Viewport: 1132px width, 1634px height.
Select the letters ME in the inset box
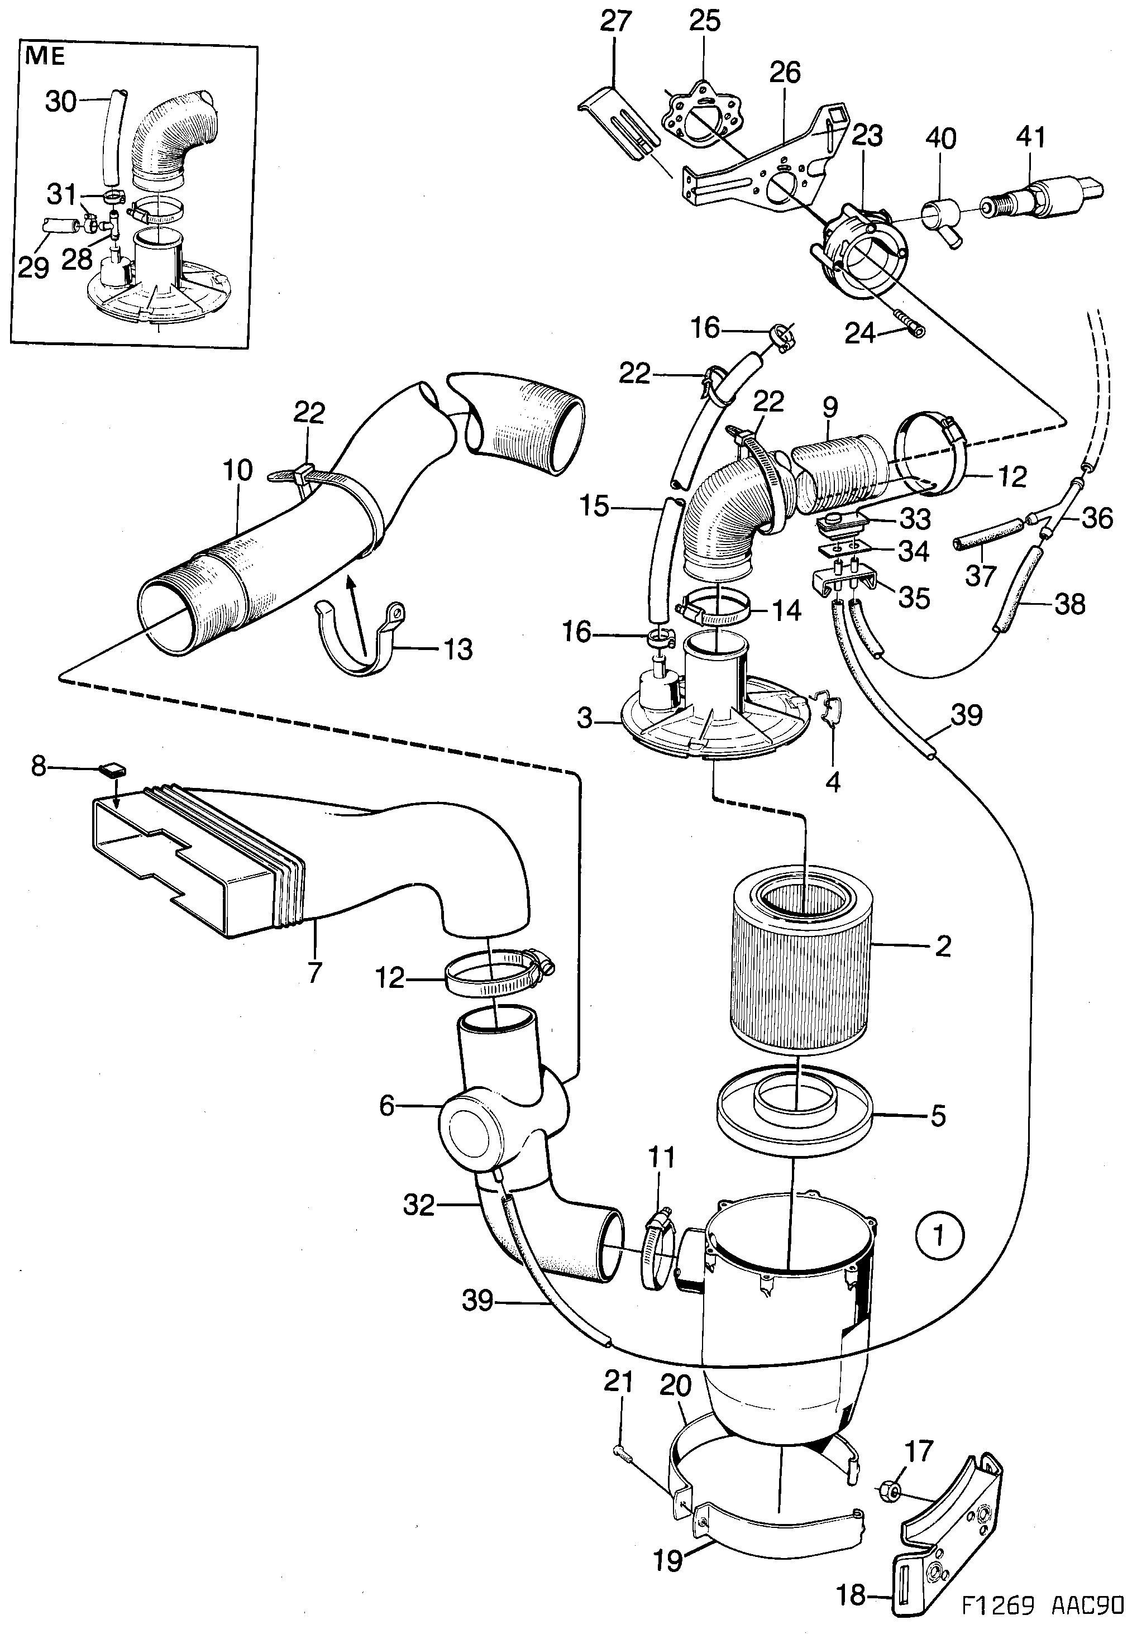click(x=45, y=55)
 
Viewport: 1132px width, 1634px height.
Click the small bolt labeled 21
click(x=624, y=1453)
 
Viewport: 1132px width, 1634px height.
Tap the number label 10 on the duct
click(x=237, y=470)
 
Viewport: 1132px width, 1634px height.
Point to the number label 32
click(x=418, y=1204)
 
